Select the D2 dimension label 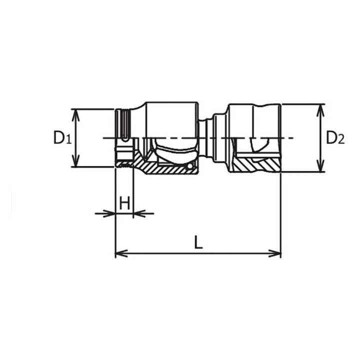point(335,137)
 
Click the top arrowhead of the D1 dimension point(75,112)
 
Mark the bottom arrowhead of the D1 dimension point(75,163)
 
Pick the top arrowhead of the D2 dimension point(320,108)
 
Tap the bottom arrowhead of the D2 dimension point(320,168)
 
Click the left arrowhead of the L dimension point(119,253)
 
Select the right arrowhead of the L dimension point(276,253)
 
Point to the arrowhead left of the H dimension point(111,214)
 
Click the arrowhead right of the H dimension point(138,214)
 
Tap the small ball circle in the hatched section point(189,165)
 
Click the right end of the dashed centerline point(293,137)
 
